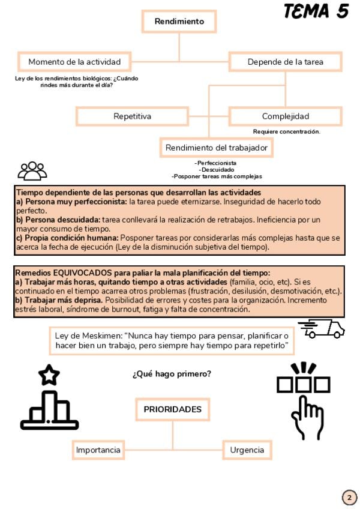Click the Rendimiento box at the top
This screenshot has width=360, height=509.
point(179,22)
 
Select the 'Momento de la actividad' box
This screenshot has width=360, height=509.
point(79,62)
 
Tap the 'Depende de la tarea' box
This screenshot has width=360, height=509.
point(285,62)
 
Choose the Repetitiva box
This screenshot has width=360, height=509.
point(132,116)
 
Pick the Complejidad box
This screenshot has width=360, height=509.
point(285,116)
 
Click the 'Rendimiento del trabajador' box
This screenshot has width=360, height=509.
point(216,148)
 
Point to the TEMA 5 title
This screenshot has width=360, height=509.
point(316,11)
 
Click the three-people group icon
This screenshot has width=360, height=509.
point(32,170)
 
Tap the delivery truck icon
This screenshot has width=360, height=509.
point(322,328)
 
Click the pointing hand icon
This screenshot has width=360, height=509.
point(304,399)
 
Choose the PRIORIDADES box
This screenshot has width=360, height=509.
point(172,409)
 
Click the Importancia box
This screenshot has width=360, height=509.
point(98,450)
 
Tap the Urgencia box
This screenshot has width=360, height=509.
point(247,450)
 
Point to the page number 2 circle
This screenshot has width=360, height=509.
point(349,498)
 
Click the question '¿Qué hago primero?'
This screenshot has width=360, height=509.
point(172,374)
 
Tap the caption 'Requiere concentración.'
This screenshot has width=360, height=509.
point(286,131)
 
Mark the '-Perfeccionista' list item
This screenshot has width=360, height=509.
point(215,163)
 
